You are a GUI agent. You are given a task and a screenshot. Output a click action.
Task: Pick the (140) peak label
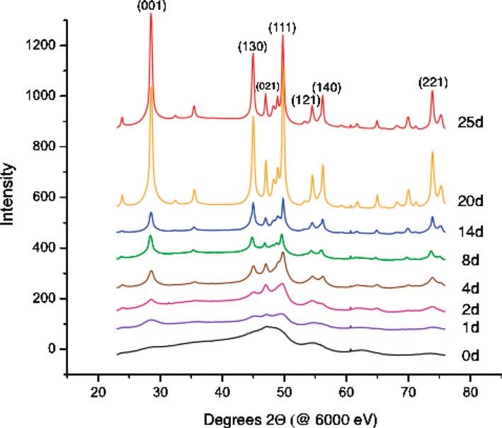pyautogui.click(x=327, y=87)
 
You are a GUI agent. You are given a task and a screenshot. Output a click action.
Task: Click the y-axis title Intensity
pyautogui.click(x=9, y=197)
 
